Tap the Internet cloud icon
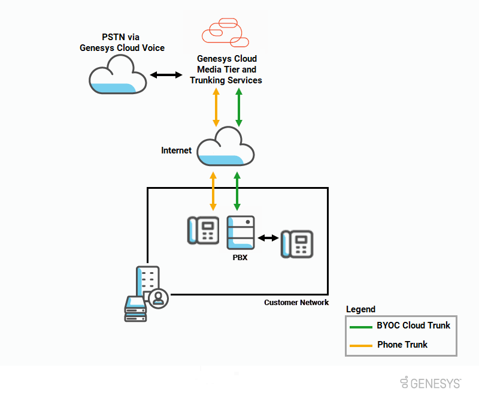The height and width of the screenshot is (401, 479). [x=226, y=147]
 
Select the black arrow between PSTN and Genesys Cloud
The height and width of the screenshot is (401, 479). [x=166, y=75]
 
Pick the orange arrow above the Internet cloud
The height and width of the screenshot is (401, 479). [x=216, y=107]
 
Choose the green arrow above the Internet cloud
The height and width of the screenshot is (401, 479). [x=238, y=107]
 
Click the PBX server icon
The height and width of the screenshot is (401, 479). [x=241, y=233]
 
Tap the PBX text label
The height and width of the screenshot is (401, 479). [x=241, y=258]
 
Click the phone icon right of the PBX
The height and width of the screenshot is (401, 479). [x=298, y=244]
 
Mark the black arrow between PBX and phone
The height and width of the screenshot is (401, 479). [x=268, y=238]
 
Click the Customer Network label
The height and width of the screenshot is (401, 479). [x=296, y=303]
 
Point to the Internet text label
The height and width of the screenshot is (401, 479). [x=177, y=150]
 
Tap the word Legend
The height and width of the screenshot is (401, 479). [x=360, y=309]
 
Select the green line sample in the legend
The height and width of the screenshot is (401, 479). [x=360, y=327]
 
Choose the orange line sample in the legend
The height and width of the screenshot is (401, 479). [x=360, y=345]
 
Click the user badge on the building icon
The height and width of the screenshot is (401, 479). [x=159, y=298]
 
